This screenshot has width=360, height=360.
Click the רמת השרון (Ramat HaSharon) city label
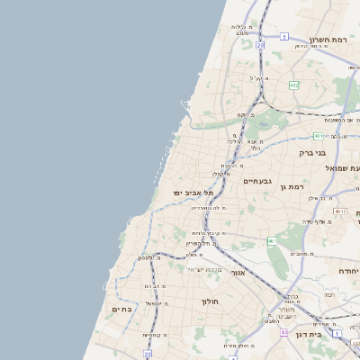point(328,39)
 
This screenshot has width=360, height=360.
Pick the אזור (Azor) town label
point(238,272)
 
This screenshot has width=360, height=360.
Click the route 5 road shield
point(284,37)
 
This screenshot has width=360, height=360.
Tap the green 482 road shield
point(293,85)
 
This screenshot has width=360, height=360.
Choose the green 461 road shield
point(272,241)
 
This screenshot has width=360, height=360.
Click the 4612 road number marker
point(340,211)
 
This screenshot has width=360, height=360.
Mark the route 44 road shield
point(284,332)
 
